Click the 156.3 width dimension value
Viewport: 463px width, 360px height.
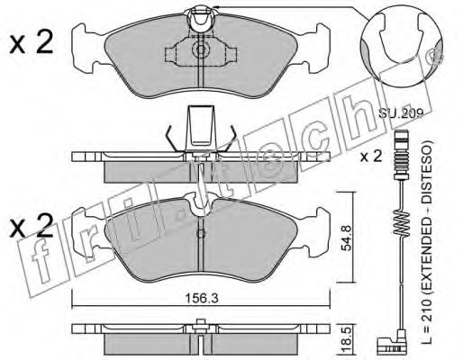[x=201, y=298]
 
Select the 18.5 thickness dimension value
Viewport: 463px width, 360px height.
[x=346, y=337]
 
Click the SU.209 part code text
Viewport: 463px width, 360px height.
[x=400, y=113]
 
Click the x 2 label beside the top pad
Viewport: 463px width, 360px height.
[x=31, y=42]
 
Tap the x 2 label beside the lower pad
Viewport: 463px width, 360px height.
[x=31, y=226]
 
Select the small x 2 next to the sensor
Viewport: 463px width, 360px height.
[x=371, y=157]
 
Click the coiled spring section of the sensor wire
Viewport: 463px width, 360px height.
[x=401, y=223]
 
